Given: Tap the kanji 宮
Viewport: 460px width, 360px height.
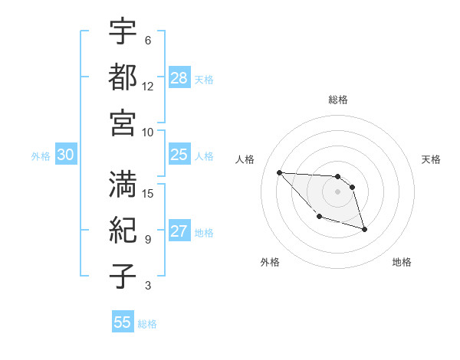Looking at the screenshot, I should pyautogui.click(x=123, y=123).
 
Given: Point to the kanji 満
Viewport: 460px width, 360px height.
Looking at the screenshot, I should pyautogui.click(x=123, y=184).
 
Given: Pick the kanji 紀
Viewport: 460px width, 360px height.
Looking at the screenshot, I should pyautogui.click(x=123, y=230).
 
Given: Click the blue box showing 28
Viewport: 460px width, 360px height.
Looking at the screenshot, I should pyautogui.click(x=179, y=77).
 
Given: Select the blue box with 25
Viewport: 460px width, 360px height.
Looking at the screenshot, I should pyautogui.click(x=179, y=155).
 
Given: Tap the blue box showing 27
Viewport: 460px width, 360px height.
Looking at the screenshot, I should pyautogui.click(x=179, y=232).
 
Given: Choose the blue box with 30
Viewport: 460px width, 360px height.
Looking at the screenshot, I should pyautogui.click(x=66, y=155).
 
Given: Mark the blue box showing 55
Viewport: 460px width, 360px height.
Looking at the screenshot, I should pyautogui.click(x=123, y=322).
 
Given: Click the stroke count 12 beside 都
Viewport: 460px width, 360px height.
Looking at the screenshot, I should pyautogui.click(x=148, y=86).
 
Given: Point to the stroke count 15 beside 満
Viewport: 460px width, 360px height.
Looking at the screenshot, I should pyautogui.click(x=148, y=193).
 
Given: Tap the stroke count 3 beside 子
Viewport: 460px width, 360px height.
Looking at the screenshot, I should pyautogui.click(x=148, y=286).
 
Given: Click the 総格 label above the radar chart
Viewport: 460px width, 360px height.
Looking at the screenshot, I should pyautogui.click(x=338, y=100).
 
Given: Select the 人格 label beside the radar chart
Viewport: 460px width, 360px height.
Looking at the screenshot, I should pyautogui.click(x=245, y=159).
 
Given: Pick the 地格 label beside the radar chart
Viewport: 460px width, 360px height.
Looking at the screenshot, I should pyautogui.click(x=402, y=262).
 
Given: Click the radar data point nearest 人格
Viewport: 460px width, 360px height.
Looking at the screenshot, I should pyautogui.click(x=279, y=172).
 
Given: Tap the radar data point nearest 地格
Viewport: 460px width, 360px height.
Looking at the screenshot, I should pyautogui.click(x=364, y=229).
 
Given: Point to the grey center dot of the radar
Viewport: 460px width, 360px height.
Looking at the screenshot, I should pyautogui.click(x=338, y=191).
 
